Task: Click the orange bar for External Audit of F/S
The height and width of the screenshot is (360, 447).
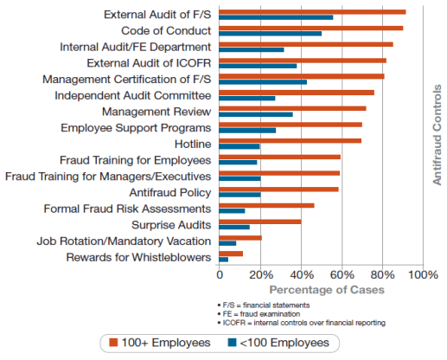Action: pyautogui.click(x=312, y=12)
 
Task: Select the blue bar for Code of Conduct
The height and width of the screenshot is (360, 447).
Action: pyautogui.click(x=271, y=34)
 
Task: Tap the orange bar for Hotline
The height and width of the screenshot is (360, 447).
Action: pyautogui.click(x=291, y=141)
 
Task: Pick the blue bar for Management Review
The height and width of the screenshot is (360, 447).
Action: pyautogui.click(x=256, y=114)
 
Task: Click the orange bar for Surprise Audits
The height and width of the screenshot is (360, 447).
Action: pyautogui.click(x=260, y=222)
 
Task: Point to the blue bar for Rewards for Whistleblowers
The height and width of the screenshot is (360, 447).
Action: pyautogui.click(x=224, y=260)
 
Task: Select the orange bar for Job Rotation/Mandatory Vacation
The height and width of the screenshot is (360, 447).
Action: pyautogui.click(x=240, y=238)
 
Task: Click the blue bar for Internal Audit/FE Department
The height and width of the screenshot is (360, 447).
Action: pyautogui.click(x=252, y=49)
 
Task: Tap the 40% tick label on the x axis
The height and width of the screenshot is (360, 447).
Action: pyautogui.click(x=302, y=274)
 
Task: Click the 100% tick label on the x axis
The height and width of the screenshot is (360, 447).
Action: pyautogui.click(x=423, y=274)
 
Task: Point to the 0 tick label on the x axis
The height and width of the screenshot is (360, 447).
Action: pyautogui.click(x=220, y=274)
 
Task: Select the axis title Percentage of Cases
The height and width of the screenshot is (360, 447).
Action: pyautogui.click(x=327, y=290)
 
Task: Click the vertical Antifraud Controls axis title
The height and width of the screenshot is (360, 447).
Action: pyautogui.click(x=437, y=135)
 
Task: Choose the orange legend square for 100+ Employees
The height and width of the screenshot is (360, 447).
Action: pyautogui.click(x=113, y=343)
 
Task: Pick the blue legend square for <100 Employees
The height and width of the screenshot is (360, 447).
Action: pyautogui.click(x=232, y=343)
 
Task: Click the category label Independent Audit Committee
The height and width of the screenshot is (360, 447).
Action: pyautogui.click(x=133, y=95)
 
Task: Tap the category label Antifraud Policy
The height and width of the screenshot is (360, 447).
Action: pyautogui.click(x=170, y=192)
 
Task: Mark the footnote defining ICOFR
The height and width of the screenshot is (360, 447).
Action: pyautogui.click(x=302, y=323)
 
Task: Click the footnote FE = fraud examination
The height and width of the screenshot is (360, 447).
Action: pyautogui.click(x=259, y=314)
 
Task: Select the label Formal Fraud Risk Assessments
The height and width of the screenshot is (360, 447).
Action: pyautogui.click(x=127, y=209)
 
